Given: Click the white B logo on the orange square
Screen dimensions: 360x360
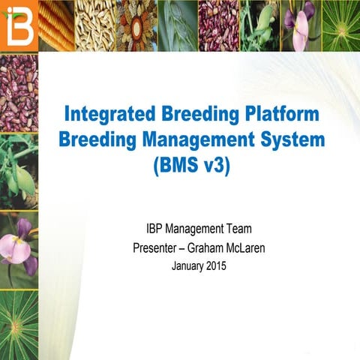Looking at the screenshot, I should click(18, 25).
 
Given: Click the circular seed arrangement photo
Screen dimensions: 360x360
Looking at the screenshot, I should click(136, 25).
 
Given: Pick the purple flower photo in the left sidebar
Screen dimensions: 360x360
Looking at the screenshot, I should click(19, 247).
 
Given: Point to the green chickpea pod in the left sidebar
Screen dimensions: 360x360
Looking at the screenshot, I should click(19, 173).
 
